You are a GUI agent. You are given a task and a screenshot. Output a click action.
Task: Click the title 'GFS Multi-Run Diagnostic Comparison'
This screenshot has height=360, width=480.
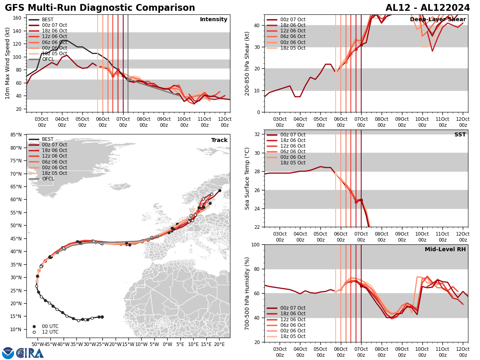(x=100, y=8)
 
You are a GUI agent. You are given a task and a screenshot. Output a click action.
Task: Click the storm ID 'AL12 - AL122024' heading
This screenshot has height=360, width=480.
(x=428, y=8)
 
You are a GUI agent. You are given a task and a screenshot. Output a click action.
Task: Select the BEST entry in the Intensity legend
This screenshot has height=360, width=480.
(x=47, y=20)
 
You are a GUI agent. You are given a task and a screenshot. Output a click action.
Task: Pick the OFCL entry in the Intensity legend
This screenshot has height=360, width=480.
(x=48, y=59)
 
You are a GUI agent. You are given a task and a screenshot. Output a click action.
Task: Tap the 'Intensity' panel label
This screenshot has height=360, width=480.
(x=214, y=20)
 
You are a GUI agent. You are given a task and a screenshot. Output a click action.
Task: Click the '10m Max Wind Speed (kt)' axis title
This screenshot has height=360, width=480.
(x=7, y=63)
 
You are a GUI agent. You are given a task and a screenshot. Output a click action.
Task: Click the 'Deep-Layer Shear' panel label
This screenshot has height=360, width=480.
(x=438, y=20)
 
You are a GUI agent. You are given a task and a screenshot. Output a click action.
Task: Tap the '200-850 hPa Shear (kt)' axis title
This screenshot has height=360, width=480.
(x=247, y=63)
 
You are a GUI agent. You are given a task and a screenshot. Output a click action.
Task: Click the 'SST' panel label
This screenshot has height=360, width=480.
(x=460, y=135)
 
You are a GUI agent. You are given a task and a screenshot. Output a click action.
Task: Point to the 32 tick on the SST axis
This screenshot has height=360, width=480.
(x=258, y=134)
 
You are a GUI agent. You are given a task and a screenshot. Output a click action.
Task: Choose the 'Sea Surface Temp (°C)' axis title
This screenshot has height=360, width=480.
(x=247, y=178)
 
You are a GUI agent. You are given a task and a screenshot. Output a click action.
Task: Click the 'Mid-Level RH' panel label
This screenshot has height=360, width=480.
(x=445, y=250)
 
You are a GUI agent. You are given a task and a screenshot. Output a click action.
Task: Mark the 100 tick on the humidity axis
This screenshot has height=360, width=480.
(x=256, y=245)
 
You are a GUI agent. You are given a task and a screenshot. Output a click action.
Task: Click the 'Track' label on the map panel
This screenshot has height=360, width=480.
(x=219, y=140)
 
